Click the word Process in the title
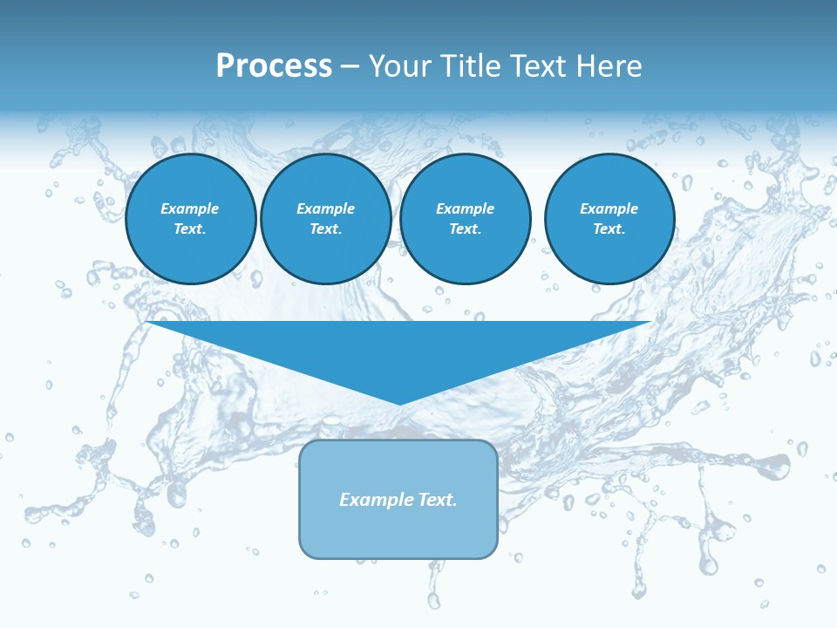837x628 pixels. coord(274,66)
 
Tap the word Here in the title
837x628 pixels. coord(608,66)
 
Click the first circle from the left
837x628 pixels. coord(191,219)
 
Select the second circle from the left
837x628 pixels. coord(325,219)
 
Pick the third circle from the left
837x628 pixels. coord(465,219)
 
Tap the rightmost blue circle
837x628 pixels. coord(609,219)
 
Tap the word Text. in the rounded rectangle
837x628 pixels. coord(436,500)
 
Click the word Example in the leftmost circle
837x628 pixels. coord(190,208)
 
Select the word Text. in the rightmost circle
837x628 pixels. coord(609,229)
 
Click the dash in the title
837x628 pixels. coord(350,66)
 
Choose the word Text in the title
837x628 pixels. coord(534,66)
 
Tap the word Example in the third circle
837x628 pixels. coord(465,208)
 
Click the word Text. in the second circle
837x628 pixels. coord(325,229)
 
